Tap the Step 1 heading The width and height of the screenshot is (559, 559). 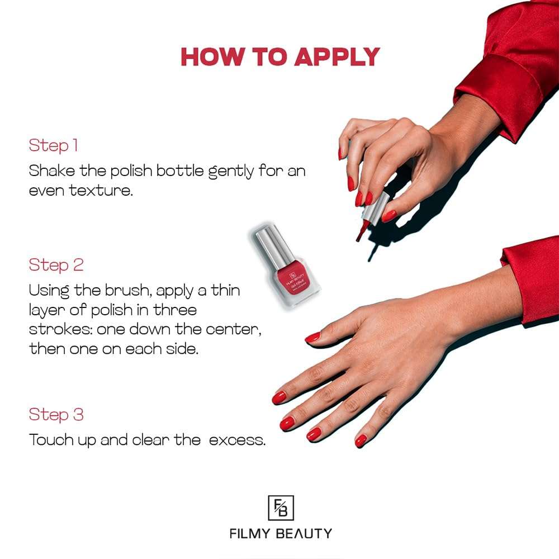pos(53,146)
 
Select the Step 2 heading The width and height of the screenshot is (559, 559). pos(56,265)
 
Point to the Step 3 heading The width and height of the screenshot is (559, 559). pos(56,415)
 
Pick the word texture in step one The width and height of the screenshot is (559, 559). pos(101,191)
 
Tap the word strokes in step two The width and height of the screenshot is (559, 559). pos(60,330)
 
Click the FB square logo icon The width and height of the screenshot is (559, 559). pos(281,508)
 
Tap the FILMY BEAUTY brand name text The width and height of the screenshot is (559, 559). pos(281,533)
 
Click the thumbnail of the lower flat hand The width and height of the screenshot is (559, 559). pos(312,337)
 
